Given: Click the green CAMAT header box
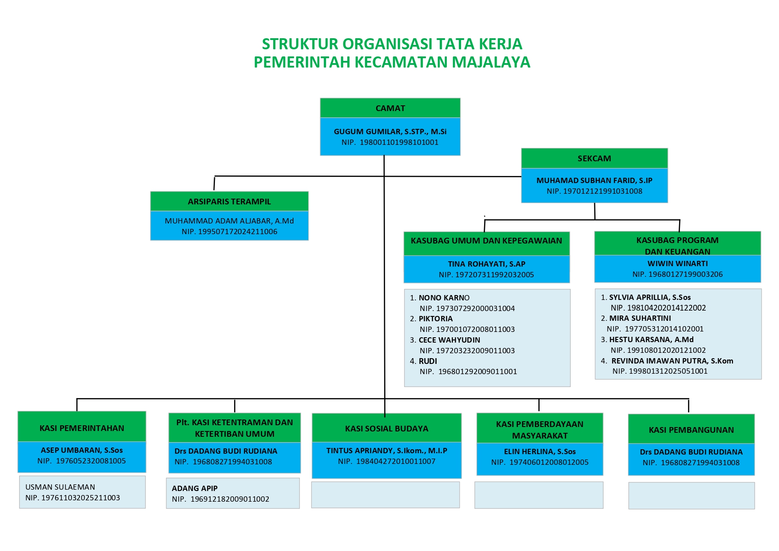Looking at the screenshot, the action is [x=390, y=108].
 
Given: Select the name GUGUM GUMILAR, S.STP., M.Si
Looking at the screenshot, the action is [x=390, y=132].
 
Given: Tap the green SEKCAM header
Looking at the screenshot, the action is [x=594, y=159].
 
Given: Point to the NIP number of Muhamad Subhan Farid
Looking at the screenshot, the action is [x=594, y=191].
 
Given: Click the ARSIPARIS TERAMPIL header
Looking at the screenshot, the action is [x=229, y=201].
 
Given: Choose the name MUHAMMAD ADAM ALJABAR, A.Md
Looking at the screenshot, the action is [x=229, y=221].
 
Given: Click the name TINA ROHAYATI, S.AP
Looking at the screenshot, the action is [x=486, y=264].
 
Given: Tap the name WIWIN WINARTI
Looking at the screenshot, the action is [x=677, y=264].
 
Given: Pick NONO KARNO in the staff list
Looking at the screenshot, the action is [x=444, y=298].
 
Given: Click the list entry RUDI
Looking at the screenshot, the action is [x=428, y=361].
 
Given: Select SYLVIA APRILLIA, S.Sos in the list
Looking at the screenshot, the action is [x=650, y=297].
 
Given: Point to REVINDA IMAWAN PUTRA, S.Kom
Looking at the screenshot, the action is [x=672, y=361].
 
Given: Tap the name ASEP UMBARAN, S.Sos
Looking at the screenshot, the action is [x=82, y=450].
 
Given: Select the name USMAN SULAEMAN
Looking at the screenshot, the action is [x=60, y=487].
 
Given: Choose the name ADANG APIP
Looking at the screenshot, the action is [x=195, y=488].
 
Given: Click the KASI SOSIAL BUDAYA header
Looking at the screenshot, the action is [x=386, y=428].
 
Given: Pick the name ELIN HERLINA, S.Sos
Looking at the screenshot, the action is [x=540, y=451].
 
